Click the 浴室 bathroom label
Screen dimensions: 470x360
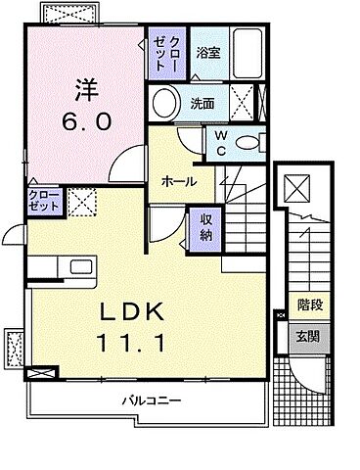[208, 55]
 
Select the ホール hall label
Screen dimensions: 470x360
[180, 181]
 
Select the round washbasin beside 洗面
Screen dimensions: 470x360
[165, 101]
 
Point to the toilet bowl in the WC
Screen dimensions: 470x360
[248, 142]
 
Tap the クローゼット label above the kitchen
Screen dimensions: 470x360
[43, 203]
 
